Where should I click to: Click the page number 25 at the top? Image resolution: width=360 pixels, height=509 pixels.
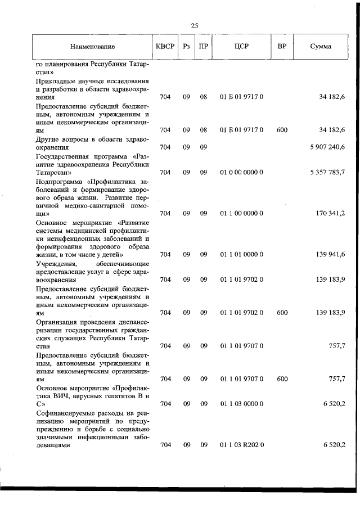pyautogui.click(x=195, y=25)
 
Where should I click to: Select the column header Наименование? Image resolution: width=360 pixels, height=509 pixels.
pyautogui.click(x=92, y=46)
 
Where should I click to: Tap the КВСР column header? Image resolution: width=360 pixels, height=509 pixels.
pyautogui.click(x=165, y=46)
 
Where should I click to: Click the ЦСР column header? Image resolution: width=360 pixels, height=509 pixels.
pyautogui.click(x=241, y=46)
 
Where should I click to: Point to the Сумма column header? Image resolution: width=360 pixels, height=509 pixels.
pyautogui.click(x=321, y=46)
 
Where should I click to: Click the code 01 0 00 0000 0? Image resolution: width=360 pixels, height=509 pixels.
pyautogui.click(x=241, y=172)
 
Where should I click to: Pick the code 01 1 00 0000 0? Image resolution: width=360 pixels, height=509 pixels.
pyautogui.click(x=241, y=214)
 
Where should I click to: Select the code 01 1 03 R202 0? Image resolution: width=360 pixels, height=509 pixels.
pyautogui.click(x=241, y=445)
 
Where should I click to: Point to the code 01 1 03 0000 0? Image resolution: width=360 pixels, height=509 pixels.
pyautogui.click(x=241, y=404)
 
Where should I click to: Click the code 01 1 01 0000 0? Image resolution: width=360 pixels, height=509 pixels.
pyautogui.click(x=241, y=255)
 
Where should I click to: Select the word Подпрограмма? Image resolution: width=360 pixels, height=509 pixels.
pyautogui.click(x=60, y=181)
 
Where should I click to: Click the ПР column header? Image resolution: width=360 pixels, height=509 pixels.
pyautogui.click(x=203, y=46)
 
